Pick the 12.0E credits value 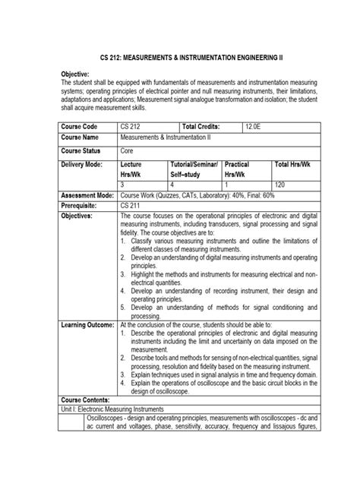254,125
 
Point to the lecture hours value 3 124,184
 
